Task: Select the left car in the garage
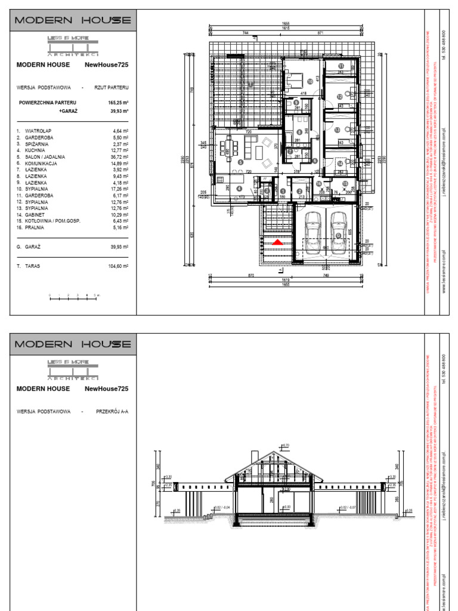click(311, 227)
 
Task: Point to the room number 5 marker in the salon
click(240, 162)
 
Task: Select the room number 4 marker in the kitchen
click(240, 189)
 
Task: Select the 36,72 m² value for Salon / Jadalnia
click(121, 157)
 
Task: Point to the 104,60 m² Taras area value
click(119, 266)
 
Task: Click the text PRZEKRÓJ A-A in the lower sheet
click(112, 412)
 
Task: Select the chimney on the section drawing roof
click(255, 456)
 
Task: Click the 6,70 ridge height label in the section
click(284, 445)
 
